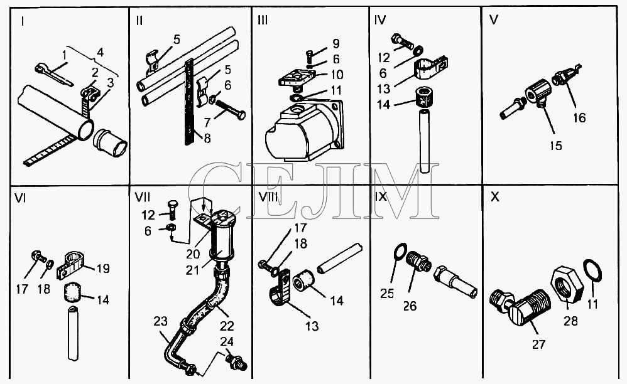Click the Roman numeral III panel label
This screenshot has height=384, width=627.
[263, 20]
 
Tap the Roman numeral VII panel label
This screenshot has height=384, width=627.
[141, 197]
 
